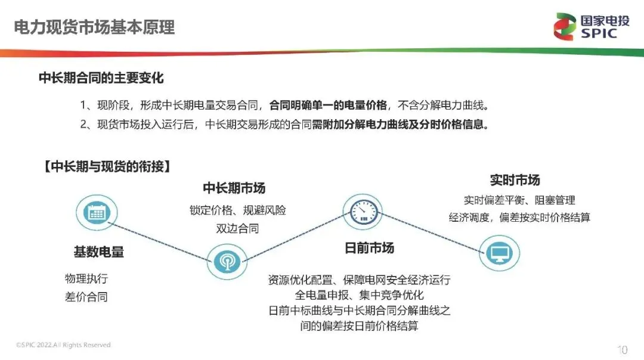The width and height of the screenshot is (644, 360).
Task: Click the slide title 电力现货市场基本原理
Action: tap(94, 27)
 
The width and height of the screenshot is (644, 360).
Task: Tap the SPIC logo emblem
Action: tap(564, 26)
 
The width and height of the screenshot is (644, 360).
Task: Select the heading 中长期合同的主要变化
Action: tap(101, 78)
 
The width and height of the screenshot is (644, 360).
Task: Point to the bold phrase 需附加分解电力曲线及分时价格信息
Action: tap(408, 126)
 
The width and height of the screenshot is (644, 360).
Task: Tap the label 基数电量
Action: tap(98, 252)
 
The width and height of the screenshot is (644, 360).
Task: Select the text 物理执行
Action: tap(86, 278)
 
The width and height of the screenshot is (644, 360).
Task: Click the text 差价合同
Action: tap(86, 297)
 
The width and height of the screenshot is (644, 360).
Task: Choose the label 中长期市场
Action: tap(234, 188)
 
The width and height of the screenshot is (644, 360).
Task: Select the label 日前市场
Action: tap(369, 248)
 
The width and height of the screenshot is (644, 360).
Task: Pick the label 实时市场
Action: tap(515, 180)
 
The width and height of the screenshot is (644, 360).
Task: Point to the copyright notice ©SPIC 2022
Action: tap(63, 345)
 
